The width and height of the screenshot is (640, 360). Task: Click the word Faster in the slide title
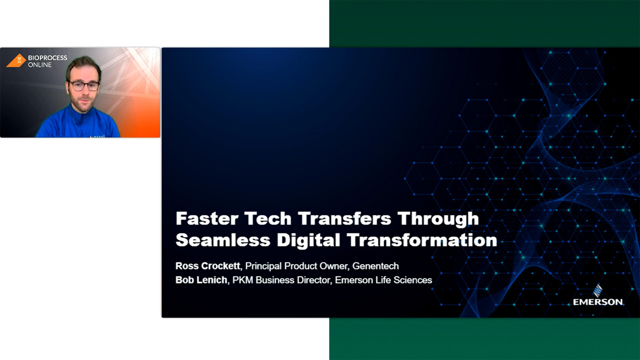[x=207, y=218]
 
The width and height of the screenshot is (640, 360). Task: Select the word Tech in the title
[x=268, y=218]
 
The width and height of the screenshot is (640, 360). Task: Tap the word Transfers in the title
[x=344, y=218]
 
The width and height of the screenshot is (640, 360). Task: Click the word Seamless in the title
[x=223, y=240]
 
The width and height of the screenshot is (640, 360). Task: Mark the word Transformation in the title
[x=421, y=240]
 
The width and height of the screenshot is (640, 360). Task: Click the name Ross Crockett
[x=207, y=266]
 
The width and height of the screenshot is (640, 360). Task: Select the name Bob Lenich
[x=201, y=280]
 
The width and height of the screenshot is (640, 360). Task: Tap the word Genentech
[x=375, y=266]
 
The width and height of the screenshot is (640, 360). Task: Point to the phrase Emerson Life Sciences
[x=383, y=280]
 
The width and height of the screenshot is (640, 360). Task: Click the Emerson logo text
[x=597, y=302]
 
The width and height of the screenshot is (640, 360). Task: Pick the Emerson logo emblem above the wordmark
[x=597, y=290]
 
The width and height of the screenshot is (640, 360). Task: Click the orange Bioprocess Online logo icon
[x=16, y=60]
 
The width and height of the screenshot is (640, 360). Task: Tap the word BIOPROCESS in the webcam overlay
[x=47, y=57]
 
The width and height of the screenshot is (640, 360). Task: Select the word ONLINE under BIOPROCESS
[x=39, y=65]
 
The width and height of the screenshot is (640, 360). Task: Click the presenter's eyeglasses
[x=83, y=86]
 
